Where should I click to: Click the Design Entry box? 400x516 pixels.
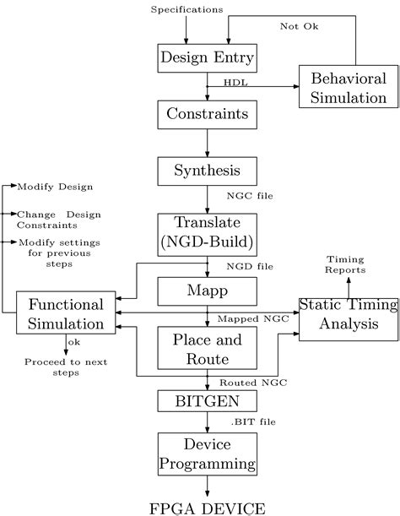207,58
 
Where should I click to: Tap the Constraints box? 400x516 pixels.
207,113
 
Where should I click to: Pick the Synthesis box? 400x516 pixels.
207,171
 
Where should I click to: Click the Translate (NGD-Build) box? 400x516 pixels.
207,232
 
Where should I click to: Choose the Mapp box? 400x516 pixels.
207,291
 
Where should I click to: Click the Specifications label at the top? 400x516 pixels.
187,10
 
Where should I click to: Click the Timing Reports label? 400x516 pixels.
347,265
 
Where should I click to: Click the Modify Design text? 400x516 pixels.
55,186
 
